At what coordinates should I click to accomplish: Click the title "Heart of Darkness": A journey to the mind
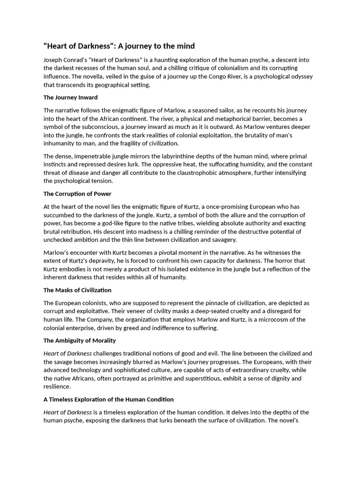point(119,46)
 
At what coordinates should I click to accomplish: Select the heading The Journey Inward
point(70,97)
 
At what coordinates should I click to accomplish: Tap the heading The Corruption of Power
point(77,194)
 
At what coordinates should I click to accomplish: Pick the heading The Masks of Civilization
point(77,290)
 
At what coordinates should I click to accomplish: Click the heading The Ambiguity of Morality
point(80,340)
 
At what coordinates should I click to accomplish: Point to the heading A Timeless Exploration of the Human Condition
point(108,399)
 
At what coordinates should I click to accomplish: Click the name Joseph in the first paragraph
point(53,60)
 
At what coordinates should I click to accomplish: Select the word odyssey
point(300,77)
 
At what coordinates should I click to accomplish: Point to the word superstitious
point(208,379)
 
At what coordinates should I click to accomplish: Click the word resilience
point(57,387)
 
